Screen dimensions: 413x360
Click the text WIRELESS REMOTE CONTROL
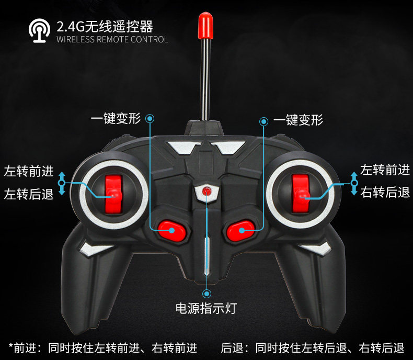point(112,40)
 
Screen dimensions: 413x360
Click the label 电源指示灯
point(206,308)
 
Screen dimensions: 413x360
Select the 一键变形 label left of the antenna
point(116,119)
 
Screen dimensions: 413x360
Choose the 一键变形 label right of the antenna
point(298,120)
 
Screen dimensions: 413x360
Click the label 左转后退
point(29,195)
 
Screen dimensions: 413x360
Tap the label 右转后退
point(385,192)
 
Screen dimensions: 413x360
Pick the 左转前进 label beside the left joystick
point(29,171)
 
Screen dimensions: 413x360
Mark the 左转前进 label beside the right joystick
point(385,170)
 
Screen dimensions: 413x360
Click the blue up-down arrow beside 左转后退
point(62,183)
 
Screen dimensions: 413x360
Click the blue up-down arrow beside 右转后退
point(354,184)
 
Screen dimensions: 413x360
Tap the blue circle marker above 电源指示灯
point(207,294)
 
